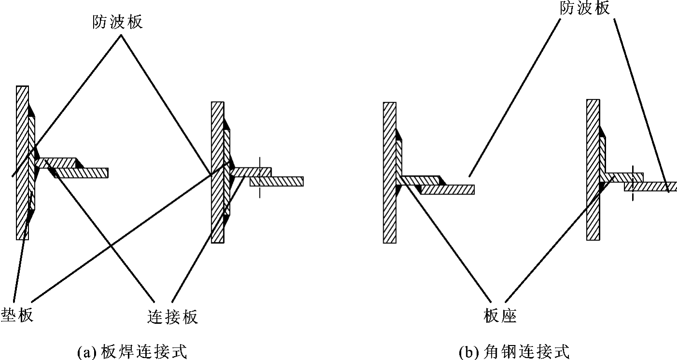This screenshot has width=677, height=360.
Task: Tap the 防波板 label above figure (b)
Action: pyautogui.click(x=585, y=8)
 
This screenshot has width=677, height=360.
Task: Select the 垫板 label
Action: pyautogui.click(x=17, y=316)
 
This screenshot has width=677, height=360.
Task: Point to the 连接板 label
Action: pyautogui.click(x=172, y=317)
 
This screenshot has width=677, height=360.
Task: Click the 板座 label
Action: pyautogui.click(x=499, y=316)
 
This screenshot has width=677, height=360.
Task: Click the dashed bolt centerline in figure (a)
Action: pyautogui.click(x=259, y=176)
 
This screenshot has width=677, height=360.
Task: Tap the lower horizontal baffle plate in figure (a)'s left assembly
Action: pyautogui.click(x=82, y=173)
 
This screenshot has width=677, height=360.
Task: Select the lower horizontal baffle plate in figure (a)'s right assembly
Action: pyautogui.click(x=277, y=181)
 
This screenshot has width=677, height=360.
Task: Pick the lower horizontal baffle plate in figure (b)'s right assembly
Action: pyautogui.click(x=651, y=186)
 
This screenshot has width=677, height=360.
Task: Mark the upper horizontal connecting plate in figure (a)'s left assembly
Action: pyautogui.click(x=58, y=162)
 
